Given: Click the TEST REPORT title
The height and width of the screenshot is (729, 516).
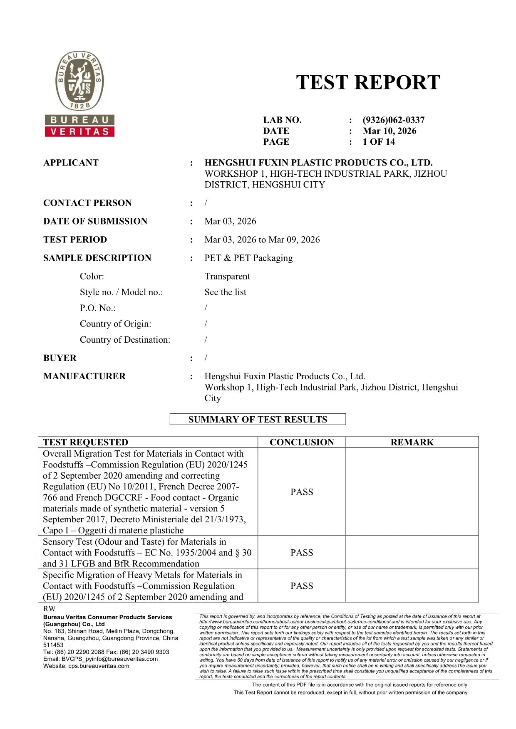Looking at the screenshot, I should pyautogui.click(x=368, y=82).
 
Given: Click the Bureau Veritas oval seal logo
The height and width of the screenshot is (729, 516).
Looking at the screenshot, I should pyautogui.click(x=79, y=81).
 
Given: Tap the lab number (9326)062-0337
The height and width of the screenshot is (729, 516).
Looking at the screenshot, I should pyautogui.click(x=393, y=120).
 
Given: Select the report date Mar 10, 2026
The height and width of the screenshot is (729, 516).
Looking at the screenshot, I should pyautogui.click(x=389, y=131).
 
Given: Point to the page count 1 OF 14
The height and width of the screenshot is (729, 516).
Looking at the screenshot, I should pyautogui.click(x=378, y=142).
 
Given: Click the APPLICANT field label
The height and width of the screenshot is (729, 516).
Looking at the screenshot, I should pyautogui.click(x=71, y=163).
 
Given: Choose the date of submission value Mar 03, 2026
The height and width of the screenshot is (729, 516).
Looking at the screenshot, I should pyautogui.click(x=230, y=221).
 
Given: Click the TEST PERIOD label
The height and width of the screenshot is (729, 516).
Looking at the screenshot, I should pyautogui.click(x=75, y=240).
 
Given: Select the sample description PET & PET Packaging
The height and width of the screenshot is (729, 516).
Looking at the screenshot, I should pyautogui.click(x=248, y=258).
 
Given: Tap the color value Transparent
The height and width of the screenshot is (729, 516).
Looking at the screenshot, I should pyautogui.click(x=227, y=277).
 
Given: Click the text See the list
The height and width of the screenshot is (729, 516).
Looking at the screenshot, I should pyautogui.click(x=225, y=292).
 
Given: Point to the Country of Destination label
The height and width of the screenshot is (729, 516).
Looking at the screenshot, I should pyautogui.click(x=125, y=340).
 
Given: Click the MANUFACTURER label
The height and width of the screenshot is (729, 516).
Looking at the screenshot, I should pyautogui.click(x=84, y=376).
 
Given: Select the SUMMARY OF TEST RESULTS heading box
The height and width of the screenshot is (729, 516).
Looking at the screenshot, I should pyautogui.click(x=258, y=419).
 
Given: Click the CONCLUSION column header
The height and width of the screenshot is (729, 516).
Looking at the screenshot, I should pyautogui.click(x=302, y=442).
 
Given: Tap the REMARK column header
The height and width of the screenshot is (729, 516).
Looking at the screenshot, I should pyautogui.click(x=412, y=442).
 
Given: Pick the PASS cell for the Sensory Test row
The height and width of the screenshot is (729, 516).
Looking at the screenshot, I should pyautogui.click(x=302, y=553).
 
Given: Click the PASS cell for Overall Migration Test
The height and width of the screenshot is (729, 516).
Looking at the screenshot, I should pyautogui.click(x=302, y=492).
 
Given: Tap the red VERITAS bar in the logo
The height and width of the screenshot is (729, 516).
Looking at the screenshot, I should pyautogui.click(x=79, y=132).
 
